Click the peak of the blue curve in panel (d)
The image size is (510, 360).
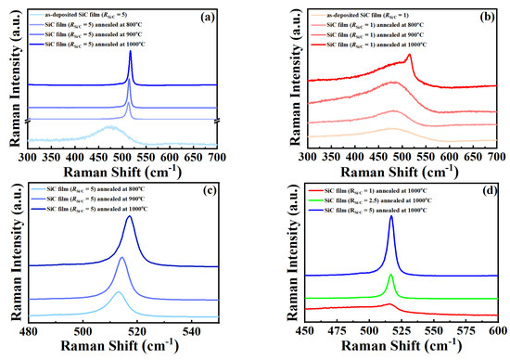click(391, 217)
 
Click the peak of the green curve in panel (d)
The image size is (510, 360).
click(391, 276)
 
